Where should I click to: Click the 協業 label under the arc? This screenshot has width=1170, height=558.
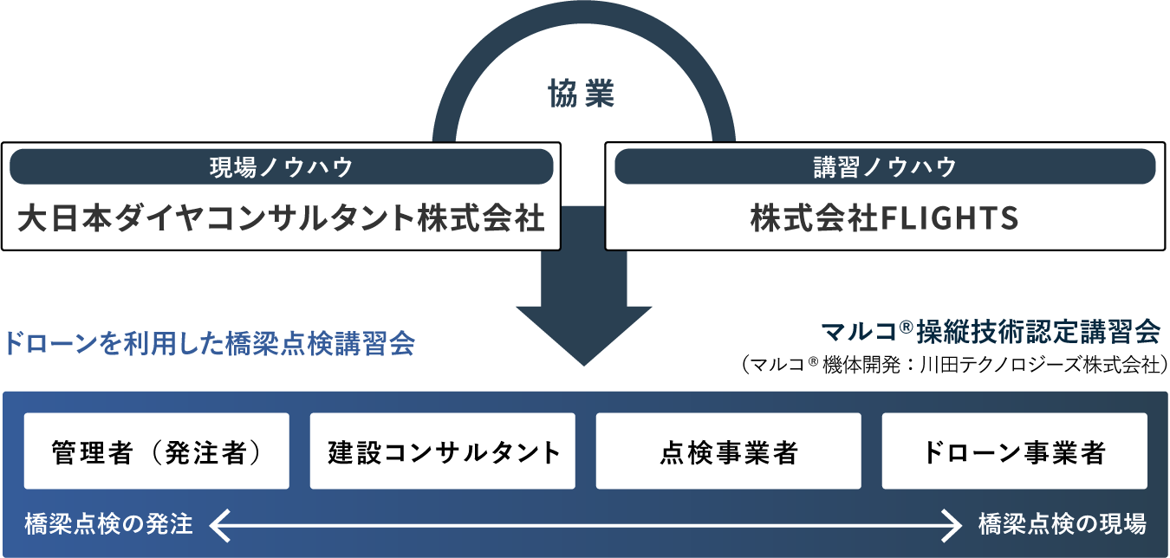coord(582,94)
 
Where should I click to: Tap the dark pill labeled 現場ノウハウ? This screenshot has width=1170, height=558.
coord(282,167)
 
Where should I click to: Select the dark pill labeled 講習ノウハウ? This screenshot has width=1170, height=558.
coord(885,167)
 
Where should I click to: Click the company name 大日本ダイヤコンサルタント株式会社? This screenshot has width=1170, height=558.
coord(282,218)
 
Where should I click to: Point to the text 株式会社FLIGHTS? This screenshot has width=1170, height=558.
coord(885,219)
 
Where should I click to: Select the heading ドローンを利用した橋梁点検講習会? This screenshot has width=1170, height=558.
coord(209,344)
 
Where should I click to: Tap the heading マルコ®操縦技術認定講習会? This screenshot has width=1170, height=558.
coord(989,332)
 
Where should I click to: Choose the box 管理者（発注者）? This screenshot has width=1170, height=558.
coord(157,451)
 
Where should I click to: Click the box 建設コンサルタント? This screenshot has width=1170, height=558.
coord(443,451)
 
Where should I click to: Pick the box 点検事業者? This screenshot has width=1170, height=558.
coord(729,451)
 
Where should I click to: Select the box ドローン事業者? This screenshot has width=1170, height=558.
coord(1015,451)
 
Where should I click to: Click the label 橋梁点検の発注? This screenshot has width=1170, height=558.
coord(109,524)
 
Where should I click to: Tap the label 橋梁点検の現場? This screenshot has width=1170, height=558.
coord(1063,524)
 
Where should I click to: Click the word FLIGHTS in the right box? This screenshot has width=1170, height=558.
coord(949,219)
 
